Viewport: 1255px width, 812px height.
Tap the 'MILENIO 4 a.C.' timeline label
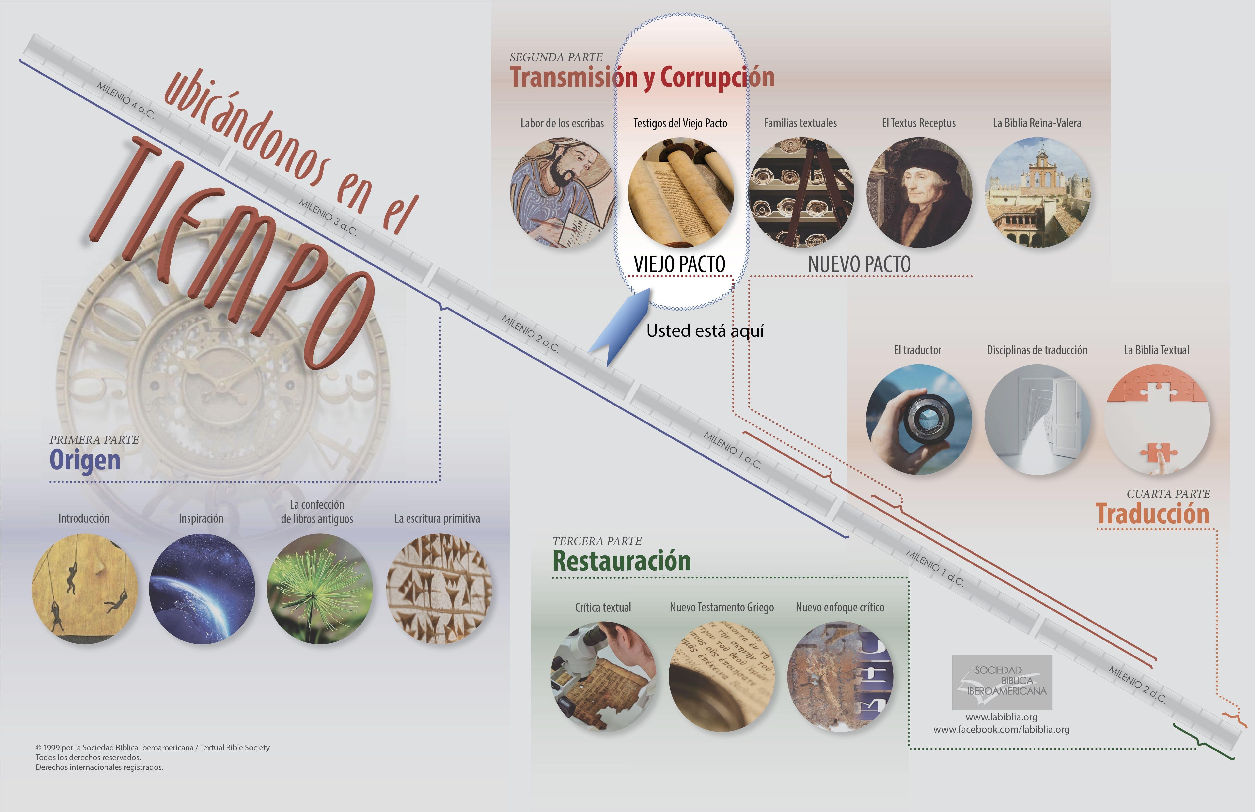[125, 100]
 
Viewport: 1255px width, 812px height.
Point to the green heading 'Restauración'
[621, 561]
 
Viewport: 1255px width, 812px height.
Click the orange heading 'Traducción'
[1153, 514]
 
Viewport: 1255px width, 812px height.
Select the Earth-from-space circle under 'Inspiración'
[202, 588]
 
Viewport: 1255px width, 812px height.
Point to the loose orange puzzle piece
[1159, 453]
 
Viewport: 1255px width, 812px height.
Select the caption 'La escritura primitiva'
[437, 518]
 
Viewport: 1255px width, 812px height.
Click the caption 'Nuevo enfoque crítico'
[840, 608]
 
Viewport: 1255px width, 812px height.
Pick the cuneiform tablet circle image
[439, 588]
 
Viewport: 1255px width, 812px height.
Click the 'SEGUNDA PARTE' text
[556, 57]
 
